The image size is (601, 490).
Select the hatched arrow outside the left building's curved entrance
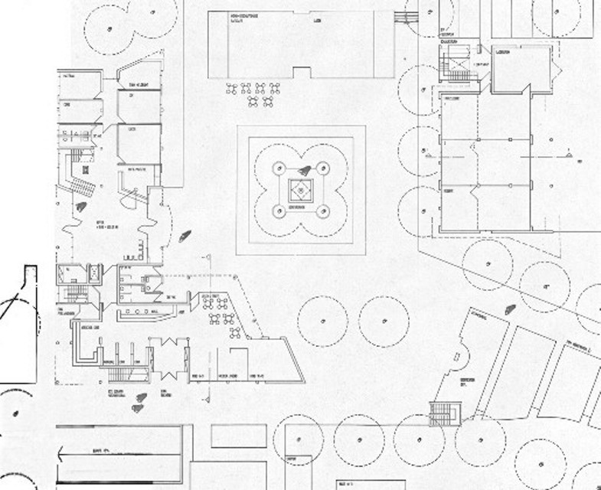coord(185,237)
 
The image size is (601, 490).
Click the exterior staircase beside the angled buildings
coord(443,414)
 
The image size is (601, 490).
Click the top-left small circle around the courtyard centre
coord(278,166)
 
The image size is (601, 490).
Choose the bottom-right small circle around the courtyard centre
coord(323,211)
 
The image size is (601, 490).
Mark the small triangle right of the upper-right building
coord(570,155)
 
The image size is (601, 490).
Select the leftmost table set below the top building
coord(232,89)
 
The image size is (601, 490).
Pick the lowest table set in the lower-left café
coord(235,333)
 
